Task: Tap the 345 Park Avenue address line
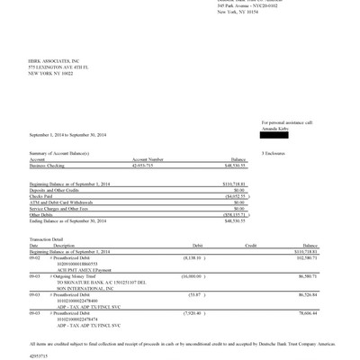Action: coord(243,4)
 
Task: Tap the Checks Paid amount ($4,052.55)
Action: coord(233,197)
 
